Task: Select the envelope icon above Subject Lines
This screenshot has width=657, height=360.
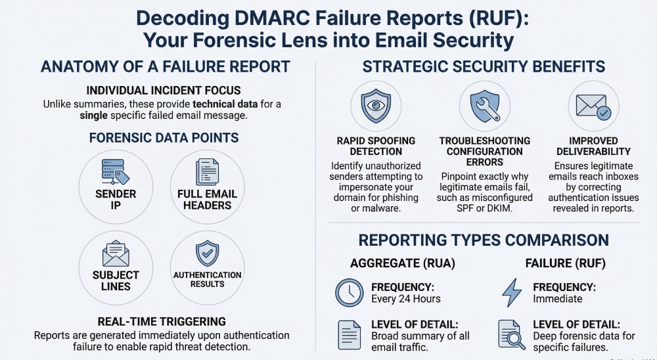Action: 115,253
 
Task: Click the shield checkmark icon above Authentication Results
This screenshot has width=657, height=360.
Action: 207,253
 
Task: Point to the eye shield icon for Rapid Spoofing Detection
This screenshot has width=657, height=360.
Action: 371,105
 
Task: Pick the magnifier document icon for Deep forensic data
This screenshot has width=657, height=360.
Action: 511,334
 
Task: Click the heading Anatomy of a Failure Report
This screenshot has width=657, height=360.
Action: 165,66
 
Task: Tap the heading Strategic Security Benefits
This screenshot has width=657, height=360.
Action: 484,66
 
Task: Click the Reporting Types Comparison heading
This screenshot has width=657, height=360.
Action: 483,240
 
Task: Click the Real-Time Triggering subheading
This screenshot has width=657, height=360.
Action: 162,321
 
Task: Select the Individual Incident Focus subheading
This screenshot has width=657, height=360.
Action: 164,90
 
